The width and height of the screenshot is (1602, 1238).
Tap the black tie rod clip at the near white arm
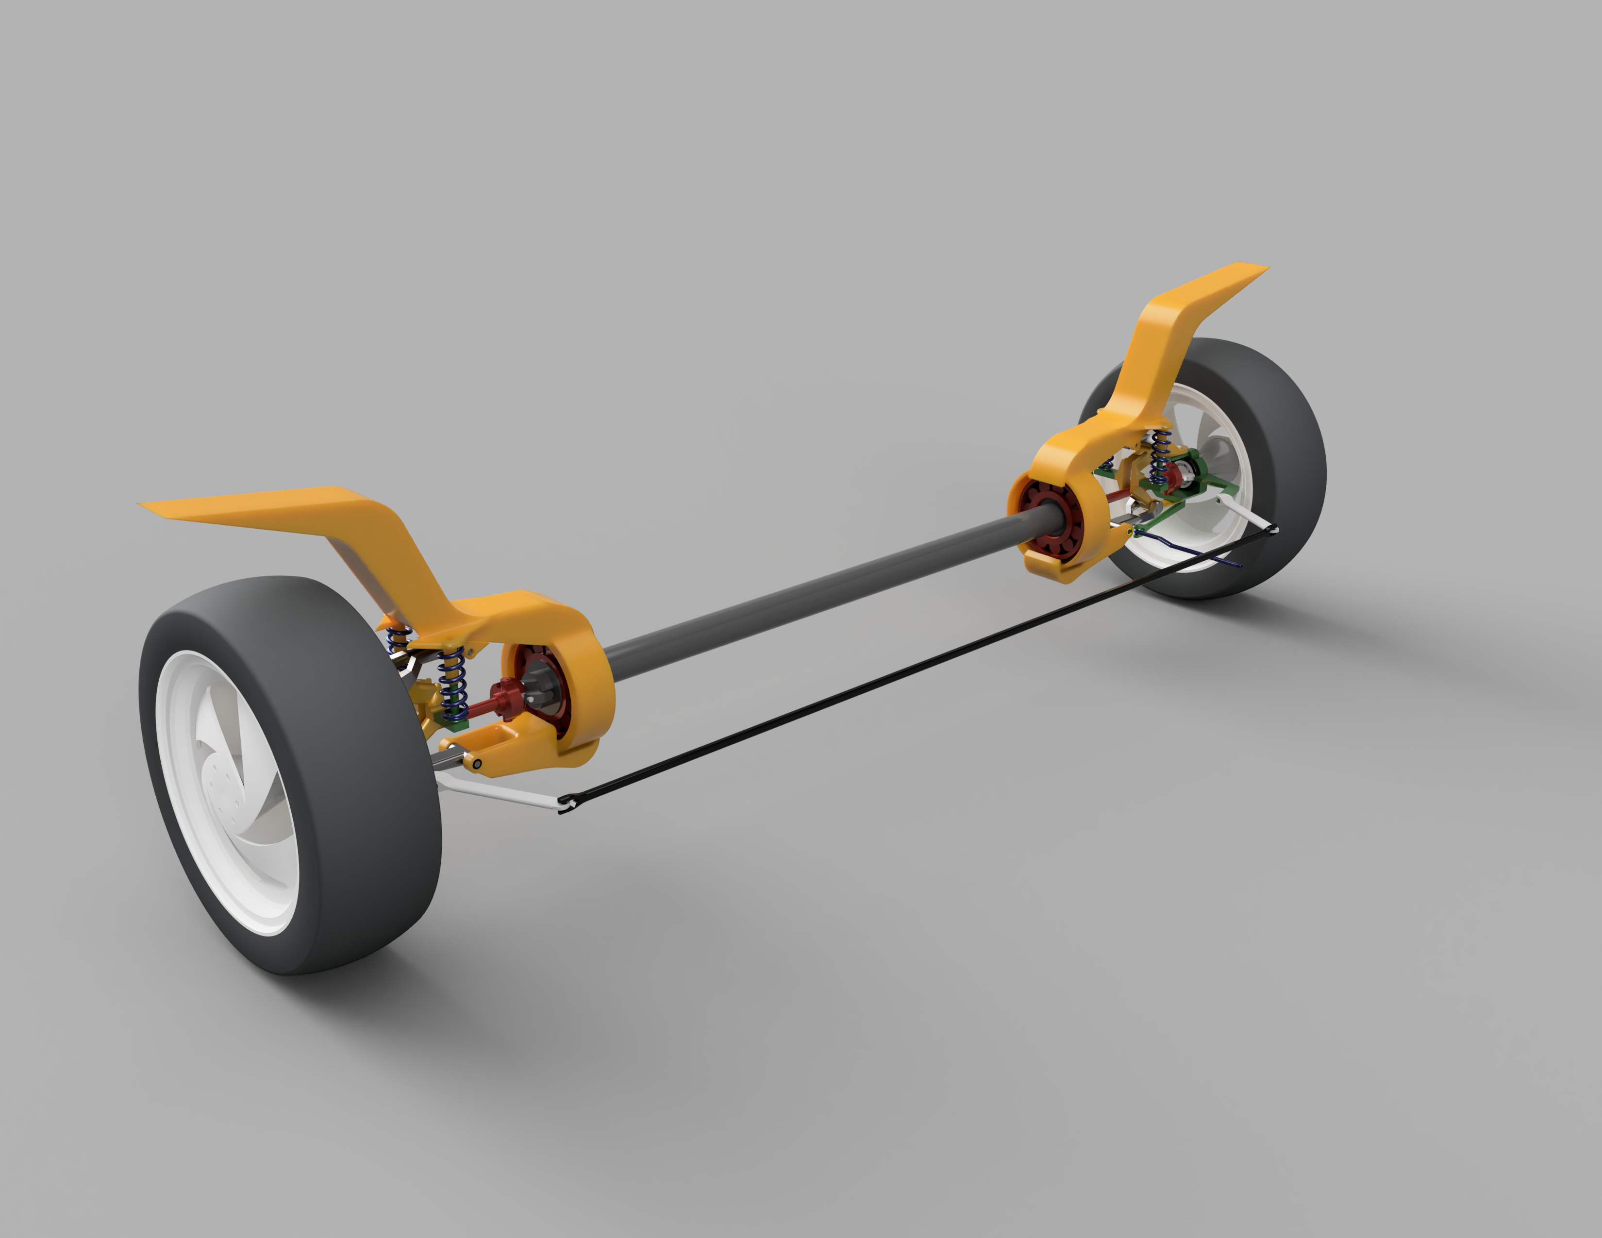click(x=565, y=805)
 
